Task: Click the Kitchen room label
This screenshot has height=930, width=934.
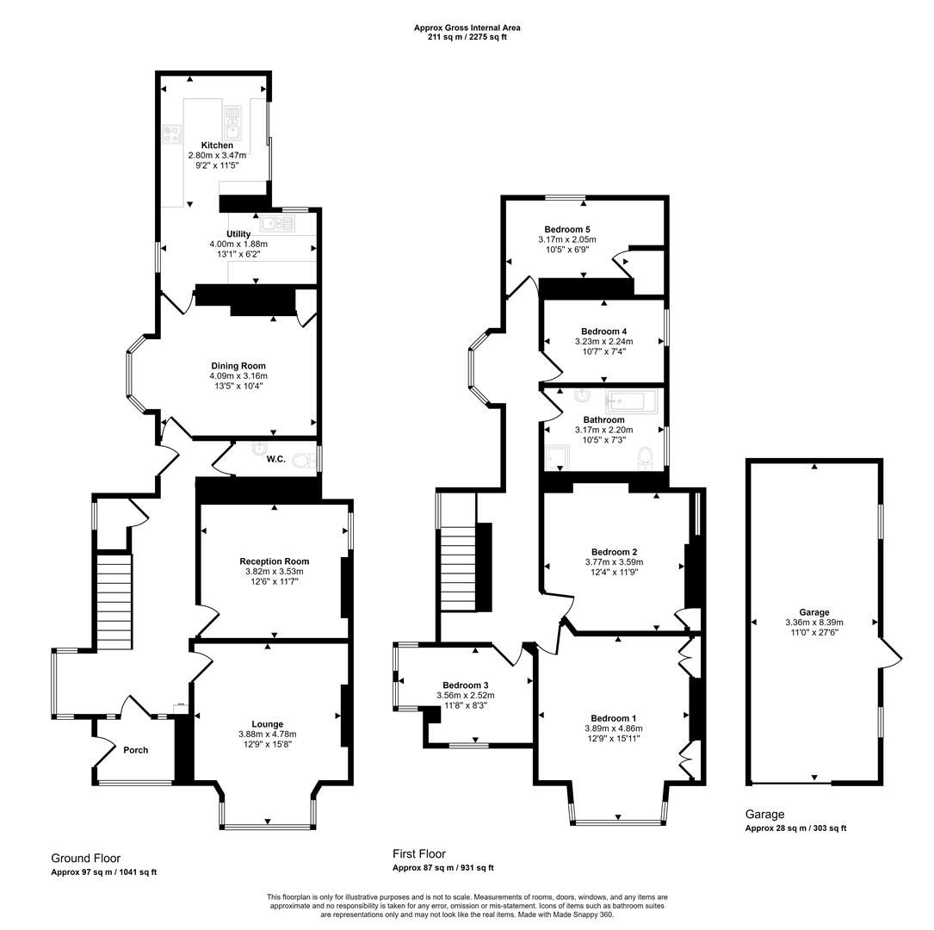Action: (x=217, y=146)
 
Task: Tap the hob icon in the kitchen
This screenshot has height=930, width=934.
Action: (x=172, y=133)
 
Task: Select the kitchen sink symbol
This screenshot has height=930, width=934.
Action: (x=232, y=116)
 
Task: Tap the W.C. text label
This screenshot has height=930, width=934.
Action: (x=275, y=460)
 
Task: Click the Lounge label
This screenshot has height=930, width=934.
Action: (x=267, y=724)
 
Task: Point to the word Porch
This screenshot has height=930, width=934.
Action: (x=135, y=750)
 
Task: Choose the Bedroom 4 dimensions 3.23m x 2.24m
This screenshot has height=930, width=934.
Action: (x=603, y=342)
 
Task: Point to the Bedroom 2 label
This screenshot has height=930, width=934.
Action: (x=614, y=552)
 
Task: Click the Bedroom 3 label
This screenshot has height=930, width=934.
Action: (x=466, y=685)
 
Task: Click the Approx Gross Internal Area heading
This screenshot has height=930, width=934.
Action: (x=467, y=28)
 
